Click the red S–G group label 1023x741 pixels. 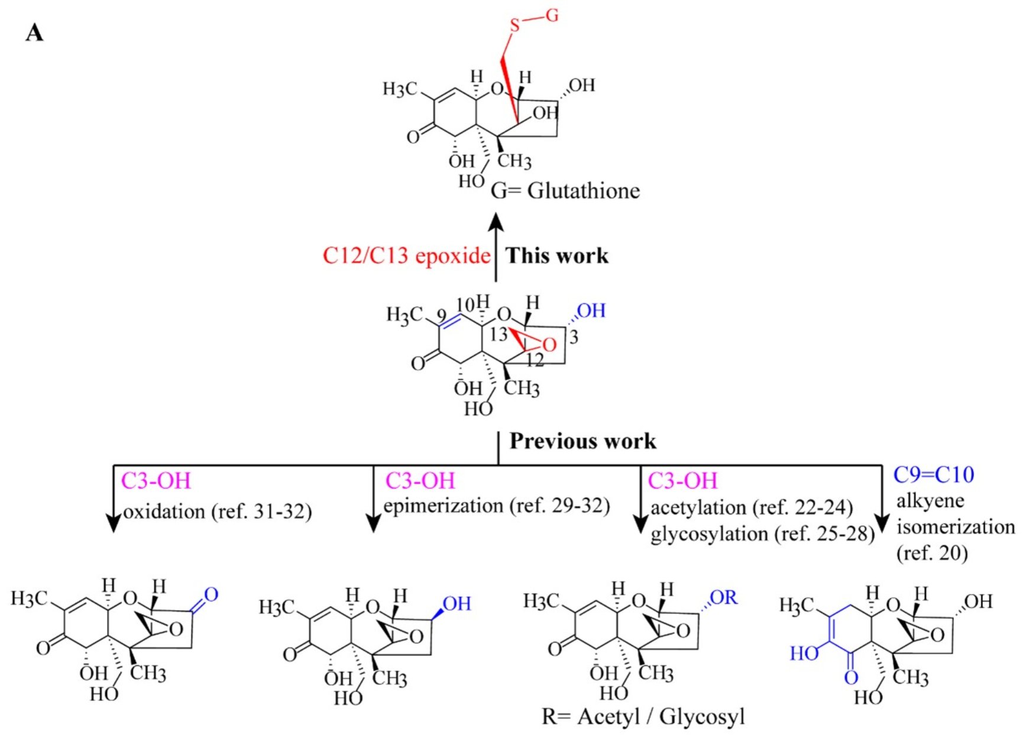click(x=533, y=20)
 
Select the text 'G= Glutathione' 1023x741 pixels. click(x=565, y=191)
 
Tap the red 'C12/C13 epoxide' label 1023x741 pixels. click(x=406, y=255)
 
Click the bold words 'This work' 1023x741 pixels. click(x=557, y=255)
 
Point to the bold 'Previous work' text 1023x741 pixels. click(x=582, y=441)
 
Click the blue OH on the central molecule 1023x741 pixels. click(x=591, y=310)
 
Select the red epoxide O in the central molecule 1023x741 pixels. click(x=549, y=345)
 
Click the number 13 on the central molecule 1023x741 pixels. click(x=498, y=335)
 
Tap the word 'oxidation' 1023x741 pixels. click(x=164, y=511)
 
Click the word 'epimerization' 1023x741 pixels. click(x=443, y=506)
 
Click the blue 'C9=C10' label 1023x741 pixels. click(x=934, y=474)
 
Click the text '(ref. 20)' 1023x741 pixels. click(x=932, y=554)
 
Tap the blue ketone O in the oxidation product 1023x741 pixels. click(x=211, y=594)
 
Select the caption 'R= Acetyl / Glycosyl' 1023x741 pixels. click(x=643, y=717)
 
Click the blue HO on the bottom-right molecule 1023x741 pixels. click(x=804, y=653)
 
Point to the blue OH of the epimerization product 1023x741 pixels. click(x=457, y=604)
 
